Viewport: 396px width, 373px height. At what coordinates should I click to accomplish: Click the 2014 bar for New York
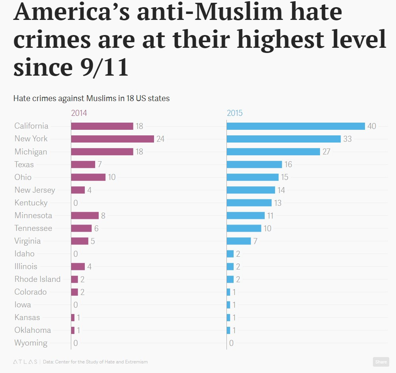[112, 139]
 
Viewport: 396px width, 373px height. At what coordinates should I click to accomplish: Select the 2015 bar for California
[296, 126]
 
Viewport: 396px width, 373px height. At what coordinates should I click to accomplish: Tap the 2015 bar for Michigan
[273, 152]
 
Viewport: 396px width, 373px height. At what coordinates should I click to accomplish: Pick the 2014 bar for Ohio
[88, 177]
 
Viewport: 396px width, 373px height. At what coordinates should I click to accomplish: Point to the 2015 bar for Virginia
[239, 241]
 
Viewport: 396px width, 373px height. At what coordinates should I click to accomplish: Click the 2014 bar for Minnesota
[85, 215]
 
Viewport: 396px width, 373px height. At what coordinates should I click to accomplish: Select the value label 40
[372, 126]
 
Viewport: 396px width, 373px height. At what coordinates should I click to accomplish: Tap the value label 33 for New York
[347, 139]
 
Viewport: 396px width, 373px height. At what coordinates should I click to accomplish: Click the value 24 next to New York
[160, 139]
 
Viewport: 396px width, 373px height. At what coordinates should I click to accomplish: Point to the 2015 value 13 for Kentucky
[278, 203]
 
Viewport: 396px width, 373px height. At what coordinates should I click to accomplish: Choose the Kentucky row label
[31, 203]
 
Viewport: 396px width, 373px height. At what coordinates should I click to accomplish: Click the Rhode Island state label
[37, 279]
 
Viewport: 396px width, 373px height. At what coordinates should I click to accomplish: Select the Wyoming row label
[31, 343]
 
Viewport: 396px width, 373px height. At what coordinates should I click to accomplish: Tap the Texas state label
[24, 164]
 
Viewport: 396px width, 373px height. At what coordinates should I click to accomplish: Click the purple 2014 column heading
[79, 113]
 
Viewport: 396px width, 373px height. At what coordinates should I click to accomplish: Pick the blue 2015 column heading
[234, 113]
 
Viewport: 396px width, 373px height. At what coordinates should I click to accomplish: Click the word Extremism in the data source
[136, 362]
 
